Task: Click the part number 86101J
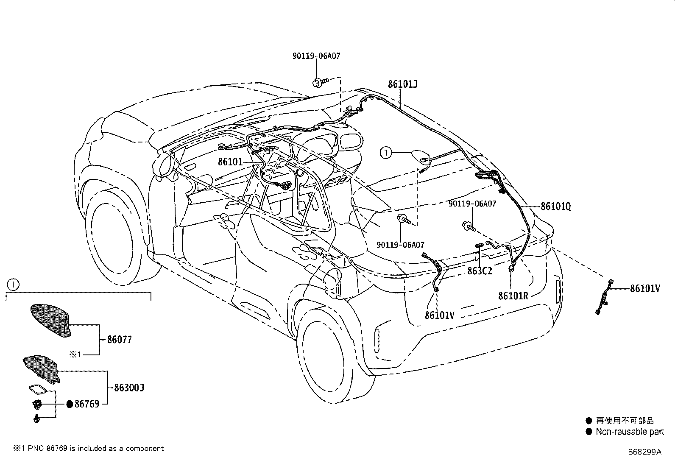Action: tap(402, 84)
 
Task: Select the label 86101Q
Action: tap(556, 206)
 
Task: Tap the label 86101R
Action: tap(513, 296)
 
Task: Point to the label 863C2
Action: tap(480, 271)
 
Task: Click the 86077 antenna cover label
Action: tap(120, 340)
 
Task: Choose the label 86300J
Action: tap(129, 387)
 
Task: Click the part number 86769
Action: tap(87, 404)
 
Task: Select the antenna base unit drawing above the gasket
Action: tap(41, 369)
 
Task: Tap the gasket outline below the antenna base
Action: tap(38, 389)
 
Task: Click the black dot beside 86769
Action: tap(70, 404)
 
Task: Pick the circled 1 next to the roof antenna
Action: tap(386, 153)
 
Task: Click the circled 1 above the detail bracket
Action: tap(13, 284)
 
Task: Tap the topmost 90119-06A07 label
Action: tap(316, 56)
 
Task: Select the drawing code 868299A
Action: tap(644, 452)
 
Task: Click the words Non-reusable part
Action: tap(630, 432)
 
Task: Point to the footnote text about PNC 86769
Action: tap(88, 449)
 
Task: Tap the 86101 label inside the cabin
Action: tap(230, 162)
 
